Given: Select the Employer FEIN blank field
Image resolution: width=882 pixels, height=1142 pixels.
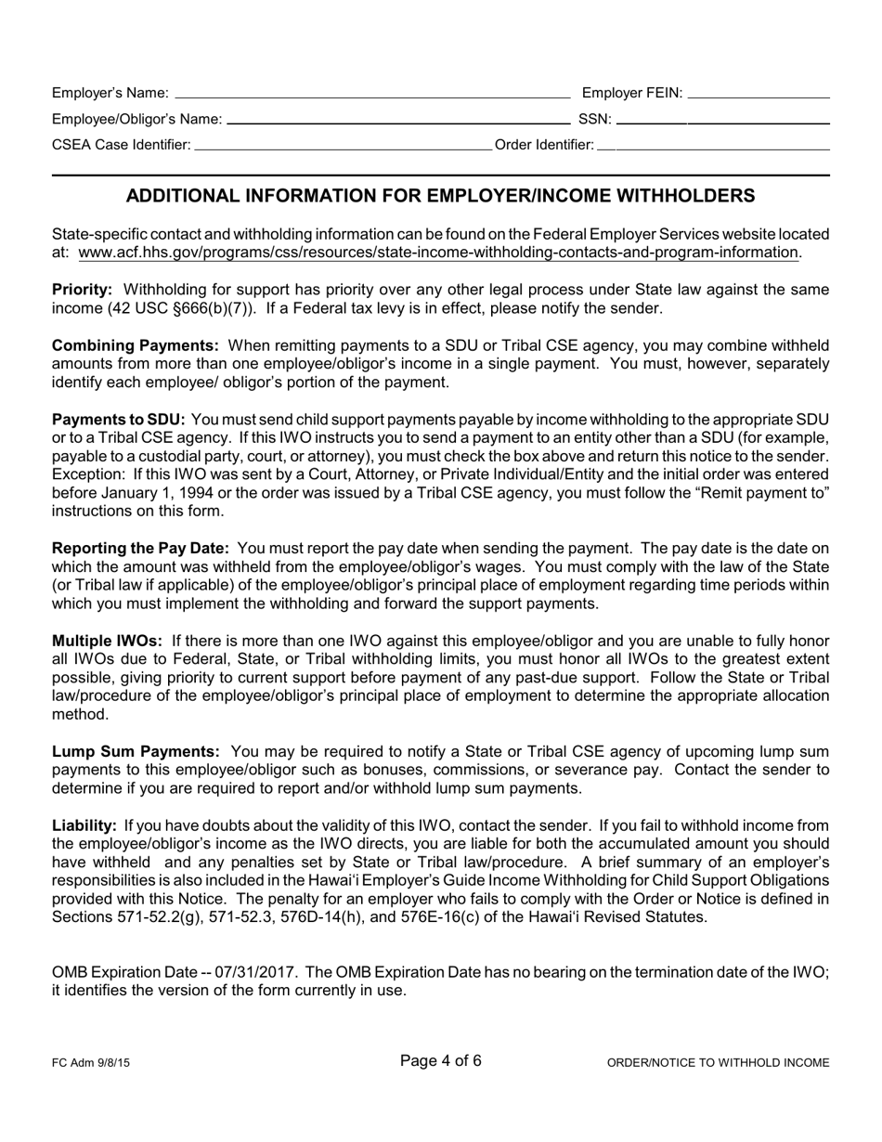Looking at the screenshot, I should [758, 95].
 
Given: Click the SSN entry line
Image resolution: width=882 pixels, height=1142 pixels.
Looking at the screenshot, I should [722, 121].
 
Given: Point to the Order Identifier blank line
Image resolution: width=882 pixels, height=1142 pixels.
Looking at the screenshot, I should [713, 147].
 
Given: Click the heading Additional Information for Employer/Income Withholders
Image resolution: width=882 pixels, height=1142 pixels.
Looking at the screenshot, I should [440, 196].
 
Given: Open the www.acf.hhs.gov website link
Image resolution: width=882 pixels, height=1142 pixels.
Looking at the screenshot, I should [438, 253].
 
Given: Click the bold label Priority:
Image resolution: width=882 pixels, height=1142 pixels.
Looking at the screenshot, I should [82, 290].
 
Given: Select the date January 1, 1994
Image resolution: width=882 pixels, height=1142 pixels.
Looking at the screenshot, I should [150, 493].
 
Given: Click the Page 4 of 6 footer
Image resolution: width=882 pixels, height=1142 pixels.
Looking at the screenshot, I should [440, 1060].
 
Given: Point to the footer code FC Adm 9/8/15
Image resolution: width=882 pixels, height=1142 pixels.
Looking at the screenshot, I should [91, 1063].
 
